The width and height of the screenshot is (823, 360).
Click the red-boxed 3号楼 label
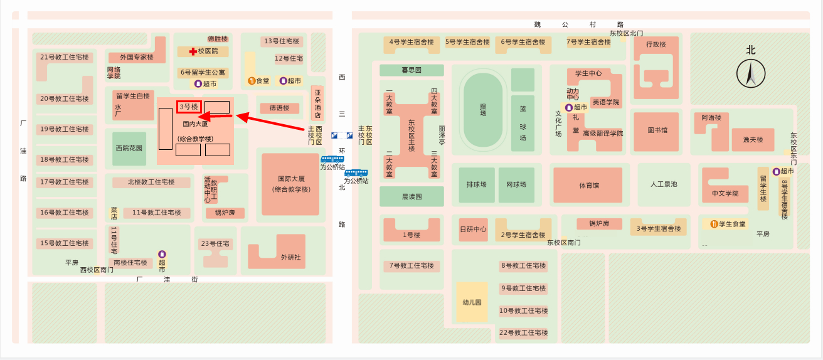[x=189, y=107]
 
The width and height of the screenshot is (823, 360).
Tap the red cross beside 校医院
[x=193, y=52]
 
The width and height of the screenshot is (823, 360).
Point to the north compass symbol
[x=751, y=74]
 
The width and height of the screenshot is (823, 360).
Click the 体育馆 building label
[x=589, y=186]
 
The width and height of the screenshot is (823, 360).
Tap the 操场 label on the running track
[x=483, y=110]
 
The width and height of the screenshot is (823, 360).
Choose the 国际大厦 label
[x=291, y=179]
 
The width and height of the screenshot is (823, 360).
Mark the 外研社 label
[x=290, y=257]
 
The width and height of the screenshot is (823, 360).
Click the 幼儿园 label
[x=472, y=302]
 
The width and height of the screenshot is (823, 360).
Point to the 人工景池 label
[x=664, y=184]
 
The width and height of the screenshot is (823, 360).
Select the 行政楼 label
[x=656, y=45]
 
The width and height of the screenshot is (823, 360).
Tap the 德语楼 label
[x=279, y=108]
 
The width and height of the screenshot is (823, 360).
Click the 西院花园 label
[x=129, y=148]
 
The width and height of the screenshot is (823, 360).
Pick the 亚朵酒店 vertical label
[x=318, y=103]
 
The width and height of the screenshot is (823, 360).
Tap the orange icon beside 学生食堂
[x=714, y=224]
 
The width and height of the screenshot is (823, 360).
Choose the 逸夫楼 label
[x=753, y=140]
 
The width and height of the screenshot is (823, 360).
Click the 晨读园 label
[x=411, y=196]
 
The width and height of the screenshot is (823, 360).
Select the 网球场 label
[x=516, y=184]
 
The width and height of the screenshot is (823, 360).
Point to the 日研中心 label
[x=473, y=229]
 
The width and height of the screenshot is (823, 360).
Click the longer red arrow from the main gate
[x=270, y=122]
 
